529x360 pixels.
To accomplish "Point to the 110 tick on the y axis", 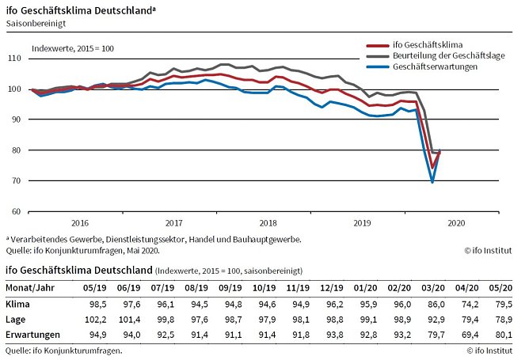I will (x=15, y=59).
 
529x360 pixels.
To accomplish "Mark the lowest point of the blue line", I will (x=432, y=182).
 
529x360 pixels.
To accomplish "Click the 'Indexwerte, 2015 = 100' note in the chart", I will (x=73, y=49).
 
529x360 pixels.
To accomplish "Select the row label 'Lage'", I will (x=17, y=319).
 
